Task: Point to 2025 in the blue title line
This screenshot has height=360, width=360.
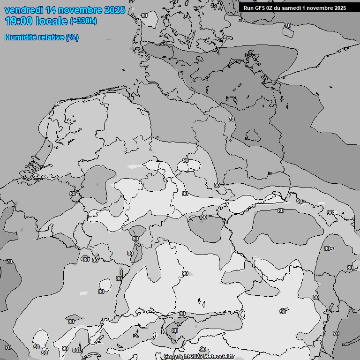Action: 114,10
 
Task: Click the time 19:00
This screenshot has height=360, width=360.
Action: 20,21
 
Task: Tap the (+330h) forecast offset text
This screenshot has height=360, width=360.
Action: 84,21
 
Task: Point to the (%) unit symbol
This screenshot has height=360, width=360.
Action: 72,37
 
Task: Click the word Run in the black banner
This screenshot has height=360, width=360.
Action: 249,8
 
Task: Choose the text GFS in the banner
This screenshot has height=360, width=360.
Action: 261,8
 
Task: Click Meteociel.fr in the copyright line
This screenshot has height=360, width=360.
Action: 219,356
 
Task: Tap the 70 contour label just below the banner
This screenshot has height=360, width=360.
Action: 287,25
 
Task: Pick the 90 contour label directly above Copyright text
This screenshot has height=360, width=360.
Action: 203,349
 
